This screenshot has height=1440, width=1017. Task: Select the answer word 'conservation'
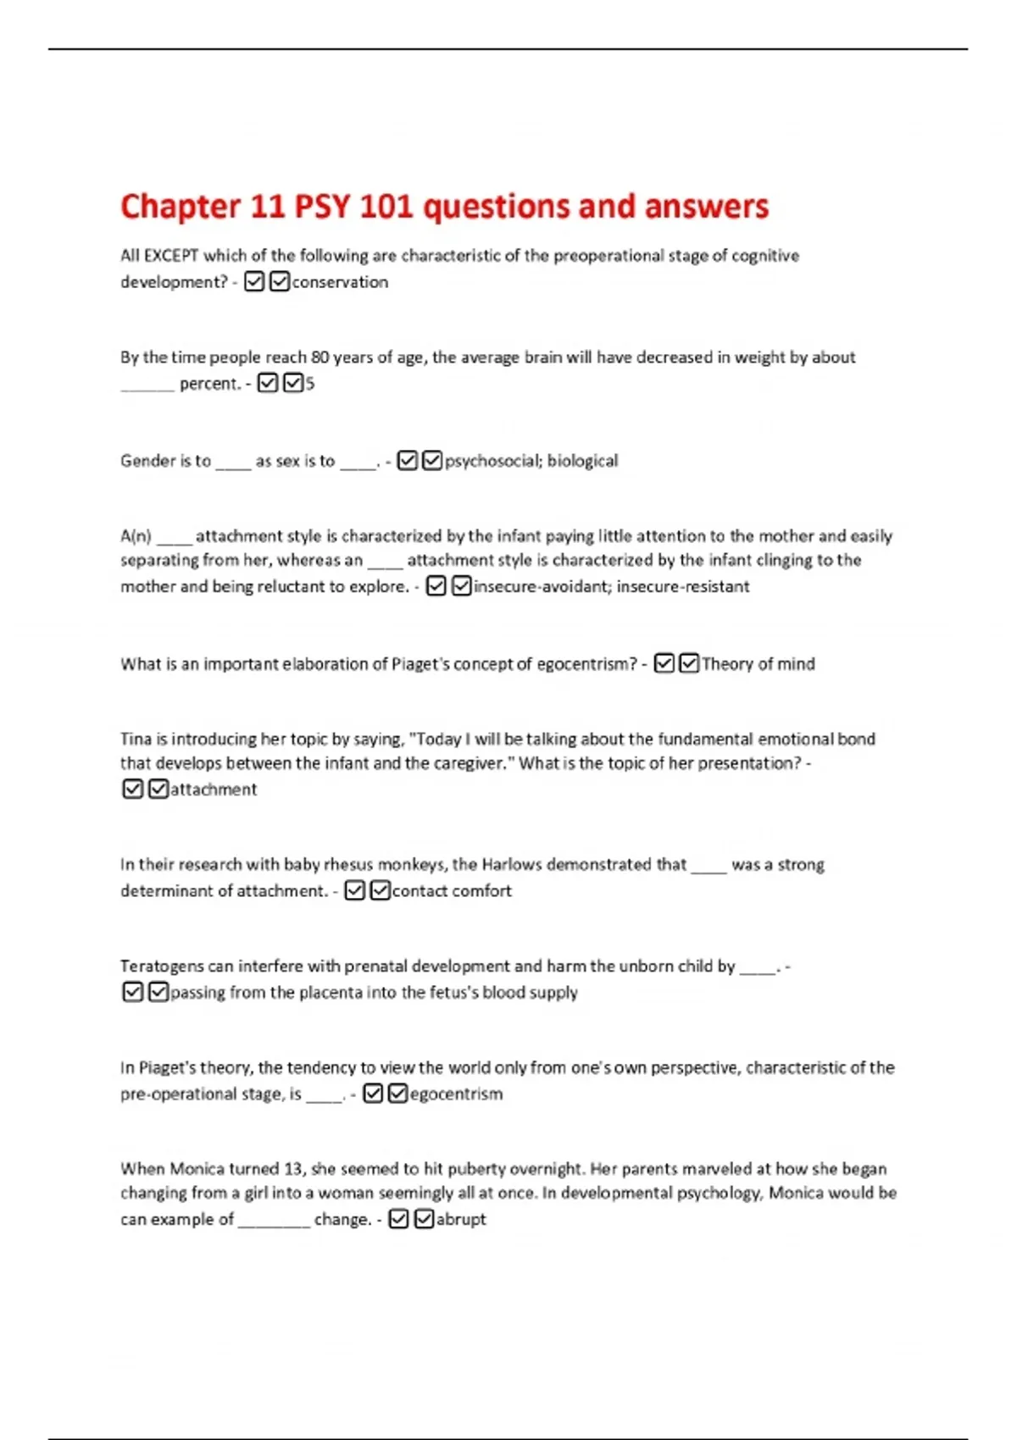tap(340, 282)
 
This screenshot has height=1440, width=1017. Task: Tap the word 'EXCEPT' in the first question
tap(171, 256)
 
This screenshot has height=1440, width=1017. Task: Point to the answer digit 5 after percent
tap(310, 384)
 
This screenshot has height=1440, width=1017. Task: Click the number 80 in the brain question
tap(320, 357)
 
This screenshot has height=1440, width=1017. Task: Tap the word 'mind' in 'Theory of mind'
tap(796, 664)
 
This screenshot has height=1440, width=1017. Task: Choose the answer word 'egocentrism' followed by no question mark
tap(456, 1094)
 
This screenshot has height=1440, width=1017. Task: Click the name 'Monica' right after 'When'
tap(197, 1169)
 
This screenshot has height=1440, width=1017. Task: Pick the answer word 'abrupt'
tap(461, 1220)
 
